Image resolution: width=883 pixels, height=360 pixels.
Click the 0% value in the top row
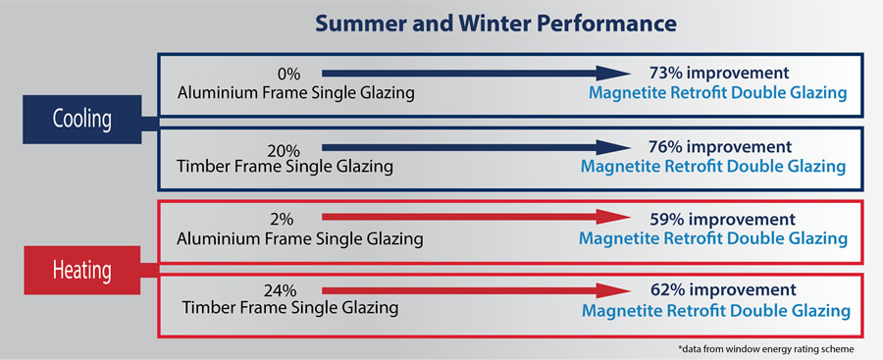coord(289,73)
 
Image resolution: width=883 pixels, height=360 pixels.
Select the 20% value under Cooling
coord(285,150)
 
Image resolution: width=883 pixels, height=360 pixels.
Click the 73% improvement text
coord(720,73)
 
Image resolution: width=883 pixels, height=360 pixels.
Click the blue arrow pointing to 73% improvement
coord(475,73)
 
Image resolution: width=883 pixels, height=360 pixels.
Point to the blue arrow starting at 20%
coord(475,147)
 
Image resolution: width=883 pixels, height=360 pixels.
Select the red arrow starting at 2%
coord(475,218)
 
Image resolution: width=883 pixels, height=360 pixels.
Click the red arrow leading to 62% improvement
coord(475,290)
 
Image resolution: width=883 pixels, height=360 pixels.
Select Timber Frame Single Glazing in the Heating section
coord(290,308)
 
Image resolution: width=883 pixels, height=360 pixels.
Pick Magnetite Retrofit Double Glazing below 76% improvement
coord(713,167)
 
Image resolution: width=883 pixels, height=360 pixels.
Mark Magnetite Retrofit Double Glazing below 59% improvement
coord(713,238)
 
